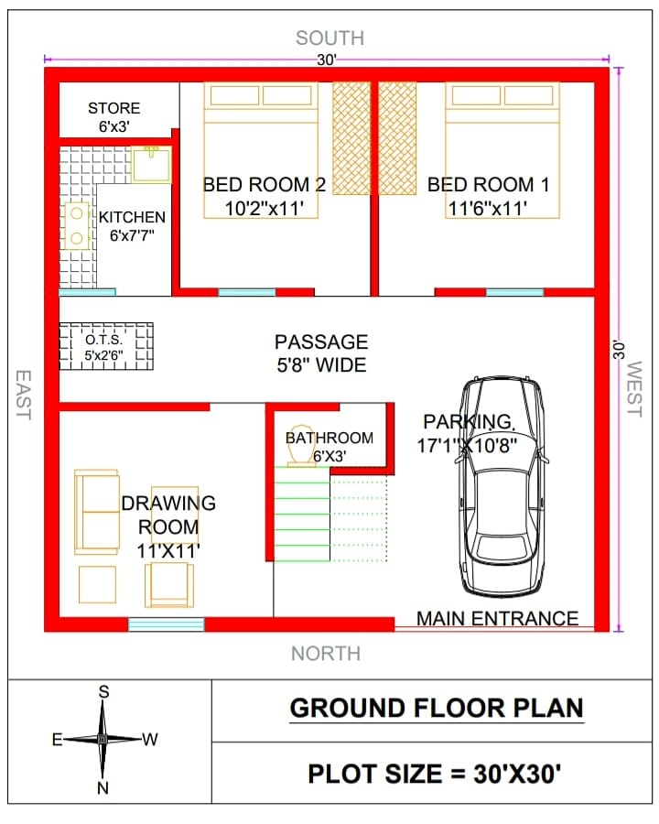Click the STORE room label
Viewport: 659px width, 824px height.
(x=114, y=108)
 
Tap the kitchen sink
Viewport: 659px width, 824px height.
(x=151, y=165)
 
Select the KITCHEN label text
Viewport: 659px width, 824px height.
(x=132, y=217)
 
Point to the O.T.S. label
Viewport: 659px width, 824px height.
(x=104, y=340)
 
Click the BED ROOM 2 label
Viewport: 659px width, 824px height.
(x=265, y=184)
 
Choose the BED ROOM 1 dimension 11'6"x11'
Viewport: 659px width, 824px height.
(x=487, y=209)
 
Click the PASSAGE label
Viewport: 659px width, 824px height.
(x=321, y=342)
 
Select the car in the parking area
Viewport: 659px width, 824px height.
(x=502, y=487)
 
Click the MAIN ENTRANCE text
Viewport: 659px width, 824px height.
(x=497, y=619)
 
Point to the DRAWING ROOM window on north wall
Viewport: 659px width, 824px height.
(x=166, y=624)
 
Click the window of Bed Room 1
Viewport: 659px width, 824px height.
(x=515, y=292)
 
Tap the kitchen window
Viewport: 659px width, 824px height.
(x=87, y=292)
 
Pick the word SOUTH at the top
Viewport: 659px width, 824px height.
(x=329, y=38)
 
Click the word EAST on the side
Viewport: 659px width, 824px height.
(x=23, y=395)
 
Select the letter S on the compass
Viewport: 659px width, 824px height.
(x=103, y=691)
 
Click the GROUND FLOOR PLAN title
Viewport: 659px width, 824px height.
(x=437, y=708)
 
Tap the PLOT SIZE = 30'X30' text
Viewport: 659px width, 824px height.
(x=434, y=774)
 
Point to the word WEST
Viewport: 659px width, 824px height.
(x=635, y=389)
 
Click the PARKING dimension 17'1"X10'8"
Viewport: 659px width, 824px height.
(x=467, y=446)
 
